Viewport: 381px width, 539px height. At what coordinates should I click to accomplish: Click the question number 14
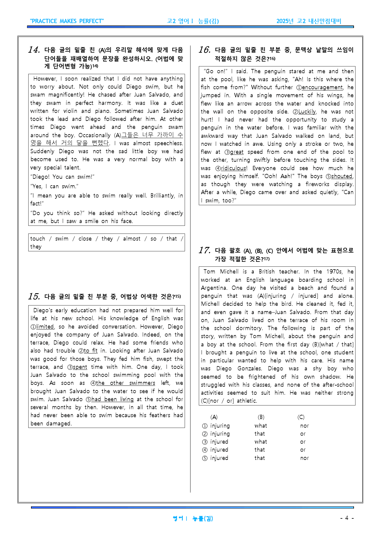pyautogui.click(x=34, y=50)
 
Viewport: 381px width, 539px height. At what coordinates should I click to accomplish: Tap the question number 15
pyautogui.click(x=34, y=296)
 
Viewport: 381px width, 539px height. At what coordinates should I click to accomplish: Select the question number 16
pyautogui.click(x=204, y=50)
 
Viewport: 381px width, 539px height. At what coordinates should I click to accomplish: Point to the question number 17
pyautogui.click(x=204, y=250)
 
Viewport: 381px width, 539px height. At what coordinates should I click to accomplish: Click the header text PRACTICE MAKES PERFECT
pyautogui.click(x=67, y=21)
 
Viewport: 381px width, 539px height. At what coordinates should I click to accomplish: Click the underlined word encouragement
pyautogui.click(x=322, y=87)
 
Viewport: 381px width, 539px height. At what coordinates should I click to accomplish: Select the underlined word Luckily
pyautogui.click(x=307, y=112)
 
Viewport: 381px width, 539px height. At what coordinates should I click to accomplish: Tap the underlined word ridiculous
pyautogui.click(x=234, y=168)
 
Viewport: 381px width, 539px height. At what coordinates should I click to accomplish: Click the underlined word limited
pyautogui.click(x=45, y=327)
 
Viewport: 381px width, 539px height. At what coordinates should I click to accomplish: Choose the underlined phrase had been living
pyautogui.click(x=112, y=399)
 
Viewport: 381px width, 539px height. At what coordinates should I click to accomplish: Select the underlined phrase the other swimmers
pyautogui.click(x=125, y=383)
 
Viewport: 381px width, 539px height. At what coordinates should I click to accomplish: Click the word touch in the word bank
pyautogui.click(x=37, y=239)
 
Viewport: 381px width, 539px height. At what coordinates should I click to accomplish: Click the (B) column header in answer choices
pyautogui.click(x=261, y=417)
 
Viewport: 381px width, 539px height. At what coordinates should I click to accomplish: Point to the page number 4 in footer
pyautogui.click(x=347, y=518)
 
